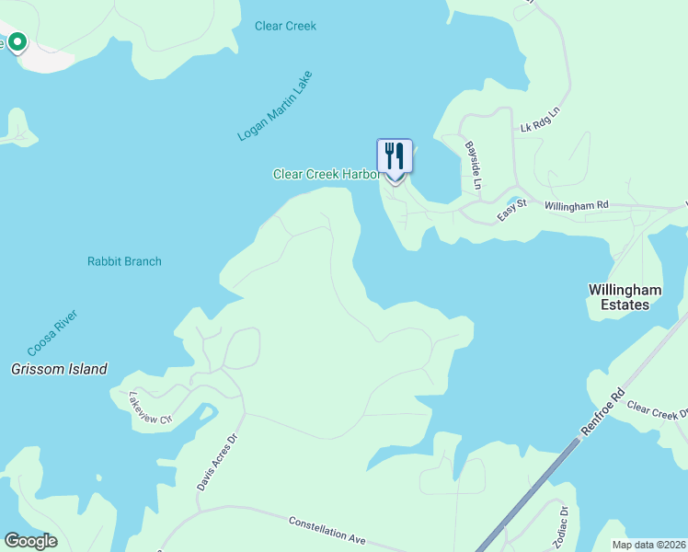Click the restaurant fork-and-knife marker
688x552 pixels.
pos(395,156)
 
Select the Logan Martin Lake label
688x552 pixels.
pos(275,106)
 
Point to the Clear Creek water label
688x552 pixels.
pos(285,26)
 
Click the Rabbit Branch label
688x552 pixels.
pos(124,261)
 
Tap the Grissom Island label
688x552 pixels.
pos(59,369)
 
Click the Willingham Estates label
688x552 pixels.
pos(625,296)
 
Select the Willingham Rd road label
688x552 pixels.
pos(577,205)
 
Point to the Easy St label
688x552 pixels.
pos(510,211)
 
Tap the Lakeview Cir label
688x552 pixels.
pos(151,408)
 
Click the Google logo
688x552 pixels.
pos(31,541)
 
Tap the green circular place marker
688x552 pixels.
pos(17,42)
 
